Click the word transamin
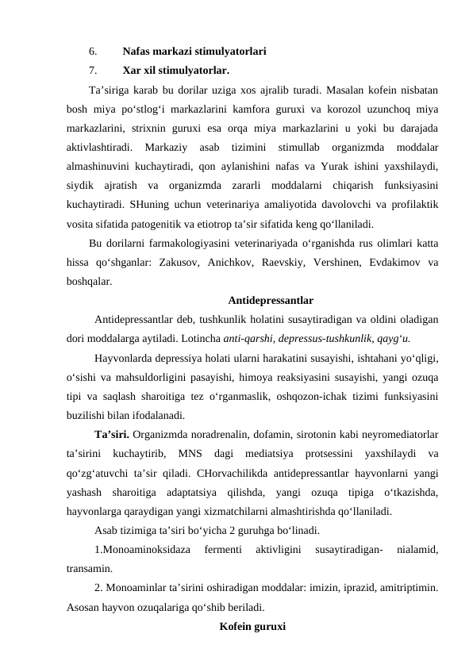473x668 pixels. click(89, 568)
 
